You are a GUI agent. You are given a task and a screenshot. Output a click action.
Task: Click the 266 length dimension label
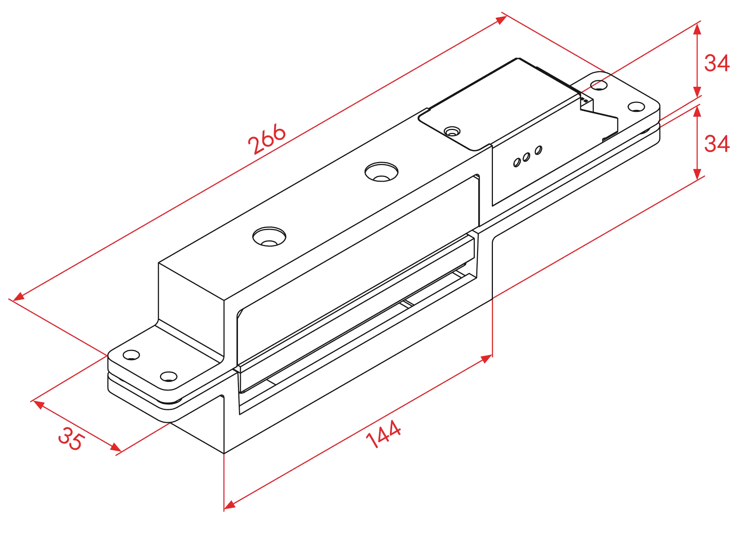tap(267, 139)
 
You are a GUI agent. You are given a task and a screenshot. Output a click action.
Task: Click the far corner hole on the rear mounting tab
tap(599, 85)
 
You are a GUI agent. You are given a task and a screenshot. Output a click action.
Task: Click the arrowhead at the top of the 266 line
tap(501, 19)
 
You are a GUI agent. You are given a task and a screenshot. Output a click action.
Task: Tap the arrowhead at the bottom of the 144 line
tap(229, 505)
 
